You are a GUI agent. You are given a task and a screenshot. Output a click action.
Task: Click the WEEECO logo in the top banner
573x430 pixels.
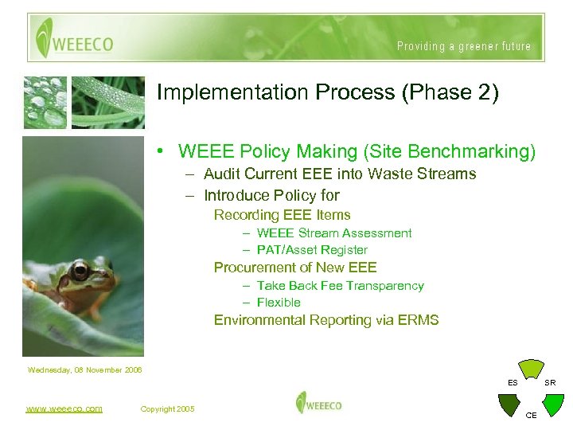(x=73, y=39)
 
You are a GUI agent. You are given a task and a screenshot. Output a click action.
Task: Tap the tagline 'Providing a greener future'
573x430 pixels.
(x=463, y=46)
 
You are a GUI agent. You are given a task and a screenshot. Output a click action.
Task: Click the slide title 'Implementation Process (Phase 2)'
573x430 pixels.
(x=328, y=93)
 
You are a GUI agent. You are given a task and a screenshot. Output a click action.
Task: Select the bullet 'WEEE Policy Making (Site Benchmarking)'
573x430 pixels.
(x=357, y=151)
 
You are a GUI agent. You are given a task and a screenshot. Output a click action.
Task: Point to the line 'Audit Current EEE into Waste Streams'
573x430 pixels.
(x=339, y=174)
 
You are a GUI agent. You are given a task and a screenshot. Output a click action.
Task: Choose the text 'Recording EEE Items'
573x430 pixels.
(x=282, y=215)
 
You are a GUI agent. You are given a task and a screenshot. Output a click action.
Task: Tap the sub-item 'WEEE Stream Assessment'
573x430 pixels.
(x=333, y=233)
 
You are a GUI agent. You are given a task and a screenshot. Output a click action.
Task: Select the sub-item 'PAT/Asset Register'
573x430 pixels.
(x=311, y=250)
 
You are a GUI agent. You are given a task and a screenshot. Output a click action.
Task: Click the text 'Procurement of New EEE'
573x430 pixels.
(x=295, y=268)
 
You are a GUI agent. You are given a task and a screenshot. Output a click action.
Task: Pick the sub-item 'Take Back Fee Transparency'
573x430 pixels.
(x=340, y=286)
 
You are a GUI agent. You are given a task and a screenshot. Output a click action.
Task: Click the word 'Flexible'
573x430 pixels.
(x=278, y=303)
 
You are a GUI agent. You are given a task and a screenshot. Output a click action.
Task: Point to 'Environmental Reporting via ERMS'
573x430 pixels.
(x=326, y=320)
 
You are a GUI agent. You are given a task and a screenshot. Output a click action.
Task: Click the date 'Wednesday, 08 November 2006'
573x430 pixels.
(x=84, y=369)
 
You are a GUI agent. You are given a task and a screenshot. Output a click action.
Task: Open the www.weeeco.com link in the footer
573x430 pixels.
(x=64, y=408)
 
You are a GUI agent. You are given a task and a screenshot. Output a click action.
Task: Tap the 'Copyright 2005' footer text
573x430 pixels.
(x=167, y=409)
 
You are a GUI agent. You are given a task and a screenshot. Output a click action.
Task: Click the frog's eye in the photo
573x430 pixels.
(x=80, y=271)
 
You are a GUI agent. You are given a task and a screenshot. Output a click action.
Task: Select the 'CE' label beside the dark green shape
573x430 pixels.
(x=532, y=416)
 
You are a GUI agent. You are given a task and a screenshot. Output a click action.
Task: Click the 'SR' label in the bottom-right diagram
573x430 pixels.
(x=550, y=383)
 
